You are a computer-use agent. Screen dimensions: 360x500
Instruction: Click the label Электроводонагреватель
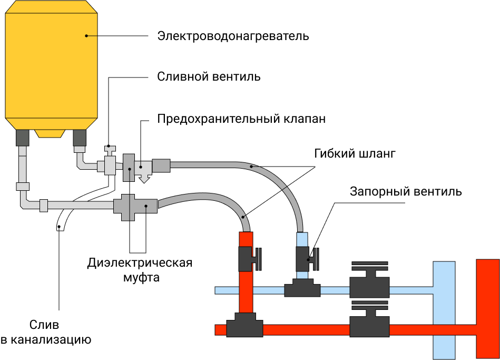pos(233,36)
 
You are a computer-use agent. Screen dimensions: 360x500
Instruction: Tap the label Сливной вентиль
pos(209,76)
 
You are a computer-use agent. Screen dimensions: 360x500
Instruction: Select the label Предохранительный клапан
pos(241,119)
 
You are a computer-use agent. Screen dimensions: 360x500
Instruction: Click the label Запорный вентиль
pos(406,191)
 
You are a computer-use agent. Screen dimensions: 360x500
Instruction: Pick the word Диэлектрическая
pos(140,262)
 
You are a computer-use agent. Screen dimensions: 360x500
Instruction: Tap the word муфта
pos(140,276)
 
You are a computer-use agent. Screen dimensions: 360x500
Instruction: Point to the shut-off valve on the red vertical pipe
pos(248,258)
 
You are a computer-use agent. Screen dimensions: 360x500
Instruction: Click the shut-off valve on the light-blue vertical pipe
pos(305,258)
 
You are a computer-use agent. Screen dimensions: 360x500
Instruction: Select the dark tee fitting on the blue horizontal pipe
pos(302,289)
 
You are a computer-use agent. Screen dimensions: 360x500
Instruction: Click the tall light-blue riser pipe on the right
pos(444,311)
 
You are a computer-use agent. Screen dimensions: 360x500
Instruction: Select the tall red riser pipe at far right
pos(488,308)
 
